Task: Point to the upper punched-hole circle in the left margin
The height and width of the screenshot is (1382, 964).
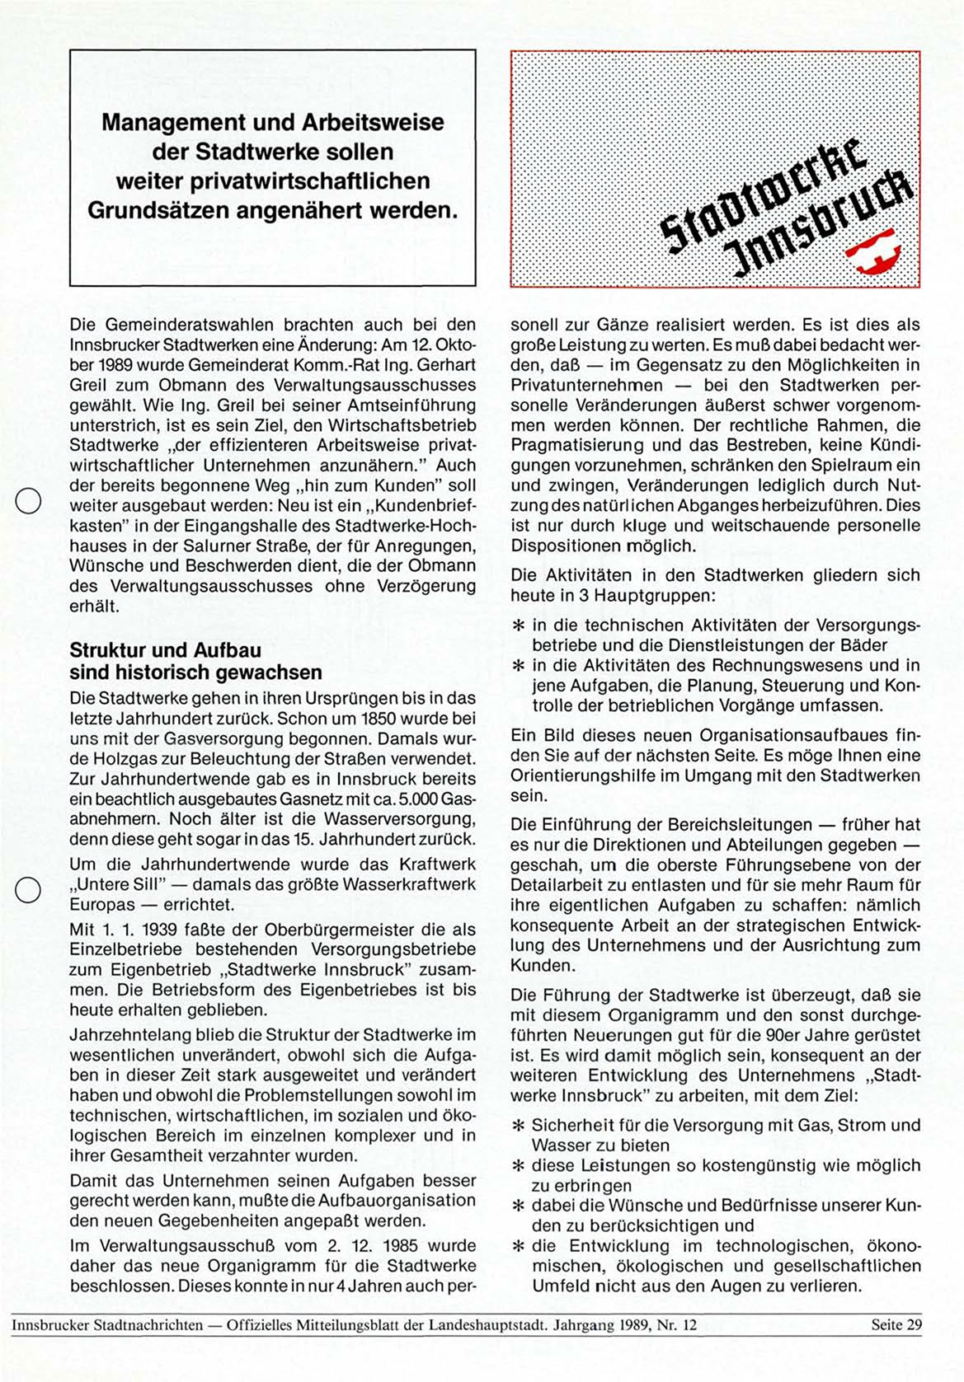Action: point(28,501)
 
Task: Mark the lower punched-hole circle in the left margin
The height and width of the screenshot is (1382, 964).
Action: point(28,890)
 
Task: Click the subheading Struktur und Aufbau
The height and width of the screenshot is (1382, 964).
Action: point(165,651)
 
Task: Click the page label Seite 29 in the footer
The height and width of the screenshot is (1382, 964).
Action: point(896,1325)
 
